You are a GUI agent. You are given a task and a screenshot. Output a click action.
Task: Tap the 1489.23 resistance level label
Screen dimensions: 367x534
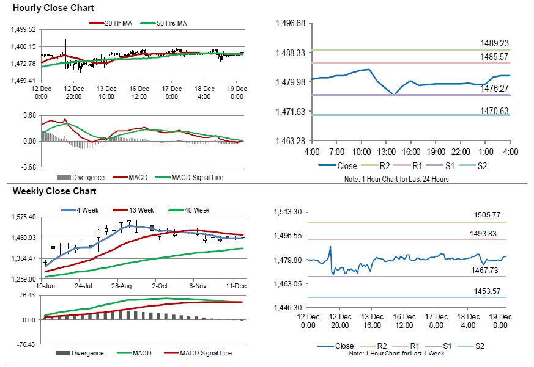pos(494,43)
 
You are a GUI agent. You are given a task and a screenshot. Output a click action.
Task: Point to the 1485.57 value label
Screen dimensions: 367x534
pos(494,57)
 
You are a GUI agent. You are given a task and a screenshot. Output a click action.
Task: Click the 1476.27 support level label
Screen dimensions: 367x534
pos(494,89)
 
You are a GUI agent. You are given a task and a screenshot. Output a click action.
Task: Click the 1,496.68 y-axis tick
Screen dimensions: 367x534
pos(291,24)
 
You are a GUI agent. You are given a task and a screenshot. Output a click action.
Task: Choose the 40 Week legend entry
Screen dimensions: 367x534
pos(195,210)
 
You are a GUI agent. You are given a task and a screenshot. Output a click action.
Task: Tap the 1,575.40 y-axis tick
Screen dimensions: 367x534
pos(24,217)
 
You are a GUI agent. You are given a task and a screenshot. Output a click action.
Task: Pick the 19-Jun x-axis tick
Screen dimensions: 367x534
pos(46,286)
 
